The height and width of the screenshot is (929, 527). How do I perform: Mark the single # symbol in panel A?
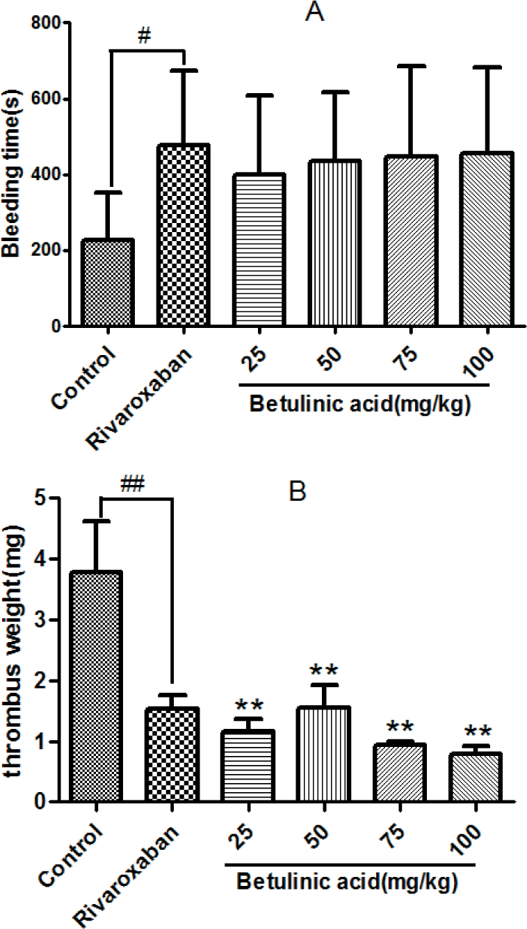click(x=145, y=39)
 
